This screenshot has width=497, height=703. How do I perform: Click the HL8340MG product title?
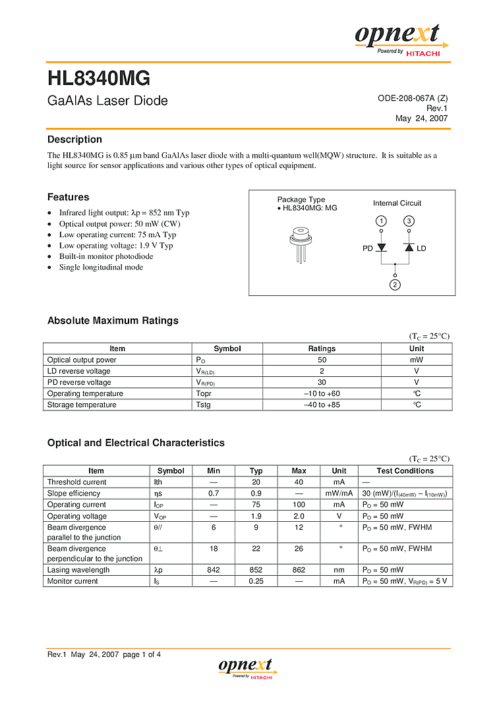[99, 79]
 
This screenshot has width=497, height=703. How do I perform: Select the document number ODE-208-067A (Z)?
[413, 98]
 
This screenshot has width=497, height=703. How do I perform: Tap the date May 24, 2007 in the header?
[421, 119]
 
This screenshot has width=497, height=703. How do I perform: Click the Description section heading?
[74, 140]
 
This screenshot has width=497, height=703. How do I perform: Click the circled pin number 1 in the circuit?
[381, 221]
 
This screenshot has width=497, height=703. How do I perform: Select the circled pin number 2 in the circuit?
[395, 285]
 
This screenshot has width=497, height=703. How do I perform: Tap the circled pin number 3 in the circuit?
[409, 221]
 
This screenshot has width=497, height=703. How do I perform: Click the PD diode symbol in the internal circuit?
[381, 248]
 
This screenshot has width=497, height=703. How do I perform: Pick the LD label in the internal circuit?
[421, 248]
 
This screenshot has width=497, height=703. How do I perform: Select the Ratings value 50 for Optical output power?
[322, 360]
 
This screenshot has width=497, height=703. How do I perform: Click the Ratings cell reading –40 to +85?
[322, 405]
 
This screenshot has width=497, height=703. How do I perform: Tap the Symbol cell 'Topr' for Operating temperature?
[203, 393]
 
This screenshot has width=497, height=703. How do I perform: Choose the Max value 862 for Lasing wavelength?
[299, 570]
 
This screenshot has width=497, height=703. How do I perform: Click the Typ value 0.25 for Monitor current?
[256, 581]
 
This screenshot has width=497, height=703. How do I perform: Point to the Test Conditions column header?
[405, 471]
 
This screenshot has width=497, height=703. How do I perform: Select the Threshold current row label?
[76, 482]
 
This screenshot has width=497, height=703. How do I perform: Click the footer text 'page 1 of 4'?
[142, 654]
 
